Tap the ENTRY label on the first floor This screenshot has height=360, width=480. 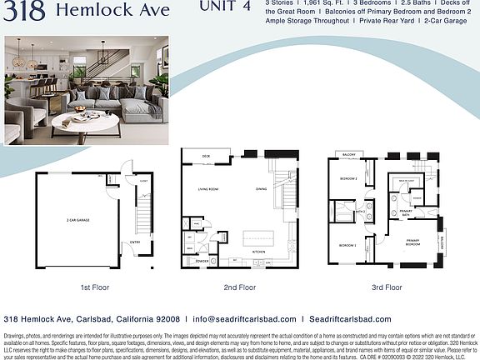pyautogui.click(x=135, y=242)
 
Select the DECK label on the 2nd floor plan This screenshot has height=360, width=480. pyautogui.click(x=205, y=156)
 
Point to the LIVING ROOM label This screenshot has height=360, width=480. pyautogui.click(x=209, y=189)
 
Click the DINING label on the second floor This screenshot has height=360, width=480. pyautogui.click(x=262, y=189)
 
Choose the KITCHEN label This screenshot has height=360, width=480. pyautogui.click(x=258, y=252)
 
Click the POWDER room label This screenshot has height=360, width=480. pyautogui.click(x=202, y=262)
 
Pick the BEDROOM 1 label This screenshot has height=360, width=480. pyautogui.click(x=347, y=246)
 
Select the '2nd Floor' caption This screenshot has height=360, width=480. pyautogui.click(x=239, y=287)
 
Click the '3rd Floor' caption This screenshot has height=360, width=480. pyautogui.click(x=387, y=287)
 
